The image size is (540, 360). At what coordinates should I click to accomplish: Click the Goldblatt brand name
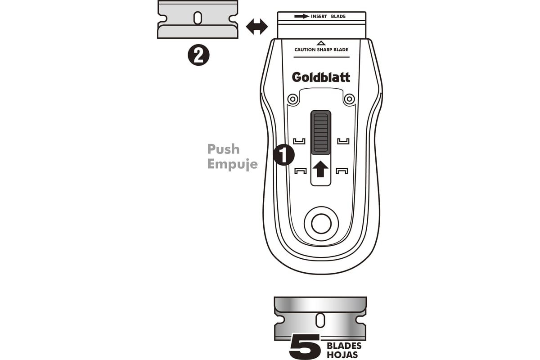(x=321, y=77)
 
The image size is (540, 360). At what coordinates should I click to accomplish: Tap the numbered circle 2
(x=198, y=55)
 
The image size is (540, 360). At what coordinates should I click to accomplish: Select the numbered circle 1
(x=284, y=155)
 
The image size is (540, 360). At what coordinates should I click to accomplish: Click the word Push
(x=224, y=149)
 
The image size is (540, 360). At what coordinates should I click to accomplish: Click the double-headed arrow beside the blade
(x=257, y=27)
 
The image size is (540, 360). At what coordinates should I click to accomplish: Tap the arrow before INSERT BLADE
(x=302, y=16)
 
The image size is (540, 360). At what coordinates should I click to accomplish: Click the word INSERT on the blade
(x=319, y=16)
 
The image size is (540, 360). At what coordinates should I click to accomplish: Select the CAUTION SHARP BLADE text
(x=321, y=49)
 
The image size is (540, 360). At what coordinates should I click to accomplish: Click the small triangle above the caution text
(x=321, y=43)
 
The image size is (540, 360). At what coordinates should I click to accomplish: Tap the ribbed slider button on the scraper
(x=320, y=132)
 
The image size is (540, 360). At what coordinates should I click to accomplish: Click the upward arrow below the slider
(x=320, y=169)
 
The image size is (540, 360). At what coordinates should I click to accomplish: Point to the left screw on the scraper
(x=293, y=99)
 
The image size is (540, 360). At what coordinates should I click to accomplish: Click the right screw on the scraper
(x=349, y=99)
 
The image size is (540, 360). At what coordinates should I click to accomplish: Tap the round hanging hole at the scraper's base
(x=321, y=224)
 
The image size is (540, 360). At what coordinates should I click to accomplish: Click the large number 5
(x=305, y=346)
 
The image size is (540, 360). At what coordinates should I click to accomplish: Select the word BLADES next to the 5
(x=344, y=346)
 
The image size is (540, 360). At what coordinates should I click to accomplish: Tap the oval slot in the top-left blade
(x=198, y=18)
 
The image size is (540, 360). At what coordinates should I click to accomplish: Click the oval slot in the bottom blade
(x=320, y=320)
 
